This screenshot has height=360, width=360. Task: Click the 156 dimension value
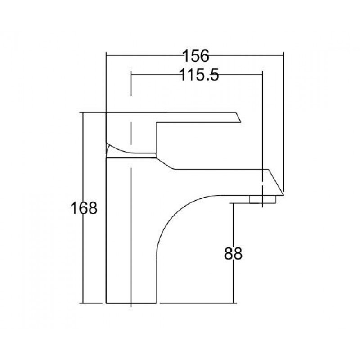point(196,56)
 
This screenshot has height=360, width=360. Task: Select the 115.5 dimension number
point(199,75)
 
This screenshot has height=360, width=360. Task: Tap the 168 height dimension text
point(84,208)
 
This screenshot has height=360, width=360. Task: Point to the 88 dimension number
point(233,253)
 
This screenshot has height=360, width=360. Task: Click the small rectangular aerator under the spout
point(262,199)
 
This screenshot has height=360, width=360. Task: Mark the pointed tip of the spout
point(284,195)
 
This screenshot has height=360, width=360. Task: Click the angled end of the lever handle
point(239,117)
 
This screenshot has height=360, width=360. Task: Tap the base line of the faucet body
point(131,303)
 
